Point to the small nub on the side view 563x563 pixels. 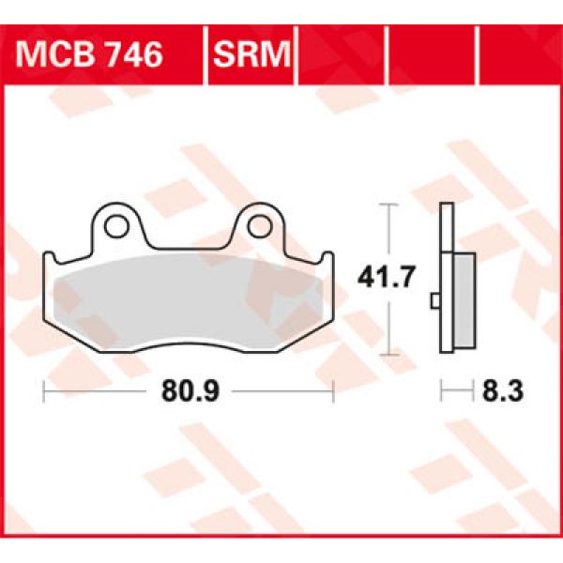pyautogui.click(x=434, y=301)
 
